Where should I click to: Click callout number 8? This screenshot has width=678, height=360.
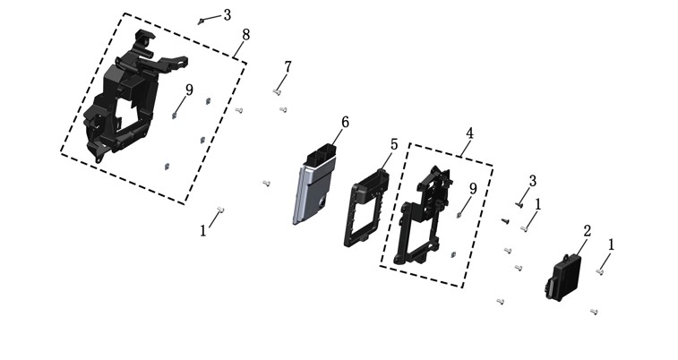pyautogui.click(x=245, y=35)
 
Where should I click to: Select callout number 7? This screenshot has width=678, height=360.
pyautogui.click(x=288, y=67)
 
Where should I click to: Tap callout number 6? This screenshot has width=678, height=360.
pyautogui.click(x=345, y=123)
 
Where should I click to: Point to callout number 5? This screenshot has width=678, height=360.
pyautogui.click(x=393, y=144)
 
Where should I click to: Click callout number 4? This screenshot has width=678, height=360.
pyautogui.click(x=469, y=133)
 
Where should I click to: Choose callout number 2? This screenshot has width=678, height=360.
pyautogui.click(x=587, y=231)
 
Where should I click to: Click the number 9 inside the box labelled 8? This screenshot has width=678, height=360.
pyautogui.click(x=189, y=90)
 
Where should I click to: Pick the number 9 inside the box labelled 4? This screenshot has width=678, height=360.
pyautogui.click(x=473, y=188)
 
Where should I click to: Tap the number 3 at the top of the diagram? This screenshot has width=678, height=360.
pyautogui.click(x=227, y=15)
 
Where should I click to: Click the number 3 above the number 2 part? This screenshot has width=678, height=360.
pyautogui.click(x=533, y=181)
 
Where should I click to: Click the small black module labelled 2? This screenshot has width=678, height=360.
pyautogui.click(x=562, y=277)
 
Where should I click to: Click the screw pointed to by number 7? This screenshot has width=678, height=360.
pyautogui.click(x=277, y=91)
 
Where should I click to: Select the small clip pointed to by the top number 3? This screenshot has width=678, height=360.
pyautogui.click(x=201, y=21)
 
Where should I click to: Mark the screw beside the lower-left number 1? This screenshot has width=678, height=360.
pyautogui.click(x=220, y=210)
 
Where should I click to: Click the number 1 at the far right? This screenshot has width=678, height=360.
pyautogui.click(x=611, y=245)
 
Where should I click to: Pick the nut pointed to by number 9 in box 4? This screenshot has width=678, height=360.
pyautogui.click(x=459, y=215)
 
